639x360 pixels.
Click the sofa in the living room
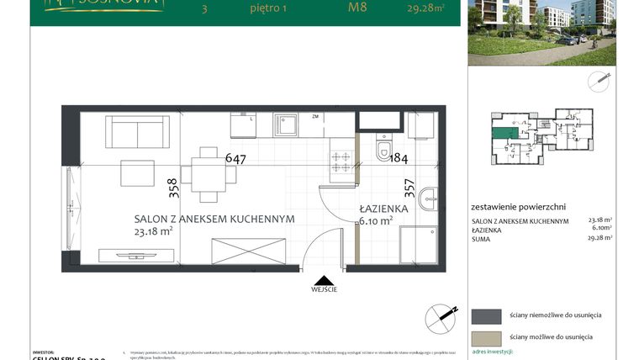pyautogui.click(x=137, y=133)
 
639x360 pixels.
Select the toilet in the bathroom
pyautogui.click(x=385, y=150)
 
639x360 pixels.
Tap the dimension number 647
pyautogui.click(x=235, y=157)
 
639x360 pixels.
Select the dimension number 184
pyautogui.click(x=398, y=159)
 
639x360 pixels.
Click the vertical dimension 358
pyautogui.click(x=172, y=187)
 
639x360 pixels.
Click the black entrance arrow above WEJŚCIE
pyautogui.click(x=320, y=279)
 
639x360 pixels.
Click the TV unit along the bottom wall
pyautogui.click(x=135, y=254)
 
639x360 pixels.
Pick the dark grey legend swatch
pyautogui.click(x=486, y=315)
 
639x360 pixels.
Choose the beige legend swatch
pyautogui.click(x=486, y=336)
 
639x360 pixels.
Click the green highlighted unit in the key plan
pyautogui.click(x=504, y=131)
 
